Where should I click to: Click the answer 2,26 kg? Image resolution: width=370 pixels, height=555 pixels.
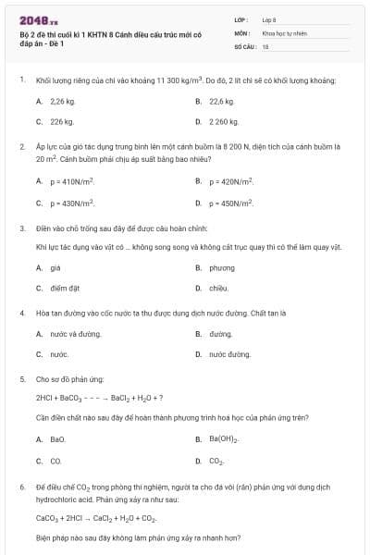[62, 101]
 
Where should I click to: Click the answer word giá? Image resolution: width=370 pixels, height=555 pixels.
[55, 267]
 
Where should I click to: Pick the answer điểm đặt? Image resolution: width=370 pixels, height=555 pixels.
[63, 288]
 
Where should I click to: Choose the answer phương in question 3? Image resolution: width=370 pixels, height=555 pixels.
[222, 267]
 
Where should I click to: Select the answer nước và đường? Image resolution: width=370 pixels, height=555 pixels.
[69, 333]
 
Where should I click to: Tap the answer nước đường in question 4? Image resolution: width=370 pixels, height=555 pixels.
[229, 353]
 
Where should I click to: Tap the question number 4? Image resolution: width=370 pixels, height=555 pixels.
[21, 313]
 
